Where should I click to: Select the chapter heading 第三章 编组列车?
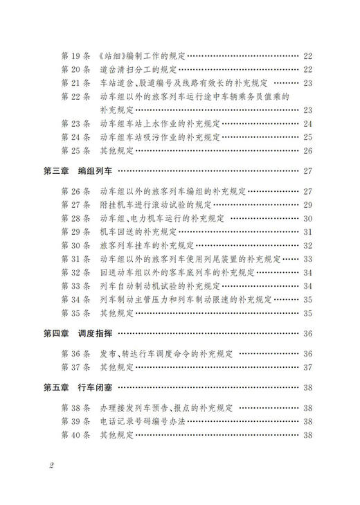click(x=81, y=170)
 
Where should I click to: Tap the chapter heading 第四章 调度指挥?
click(x=81, y=334)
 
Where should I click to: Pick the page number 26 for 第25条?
click(x=308, y=150)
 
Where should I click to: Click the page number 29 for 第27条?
click(x=308, y=204)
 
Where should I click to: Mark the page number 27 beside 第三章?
click(x=308, y=170)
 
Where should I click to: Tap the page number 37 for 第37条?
click(x=308, y=367)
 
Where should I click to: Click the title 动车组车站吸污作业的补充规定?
click(x=164, y=137)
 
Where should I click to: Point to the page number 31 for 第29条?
click(x=308, y=231)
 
